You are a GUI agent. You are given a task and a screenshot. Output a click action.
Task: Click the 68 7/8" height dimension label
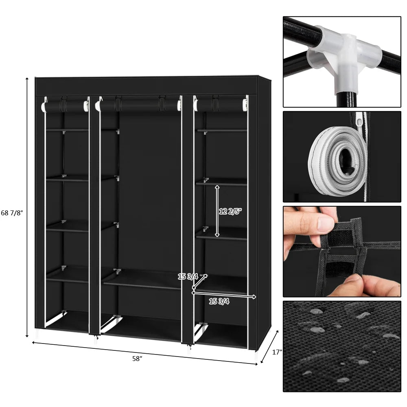click(x=12, y=213)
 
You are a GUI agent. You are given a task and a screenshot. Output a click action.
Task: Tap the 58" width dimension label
click(x=137, y=359)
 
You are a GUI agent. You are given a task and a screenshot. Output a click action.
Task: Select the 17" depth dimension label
click(x=277, y=352)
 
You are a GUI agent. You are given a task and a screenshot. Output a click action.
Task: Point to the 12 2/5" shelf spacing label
click(x=230, y=211)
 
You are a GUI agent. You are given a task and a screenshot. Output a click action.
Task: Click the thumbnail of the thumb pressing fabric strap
click(x=342, y=251)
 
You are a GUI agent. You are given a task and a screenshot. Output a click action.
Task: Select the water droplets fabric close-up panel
click(x=342, y=346)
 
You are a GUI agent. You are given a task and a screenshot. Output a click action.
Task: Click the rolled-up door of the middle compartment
click(x=138, y=105)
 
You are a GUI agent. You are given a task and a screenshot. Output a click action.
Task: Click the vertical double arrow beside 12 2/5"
click(x=217, y=211)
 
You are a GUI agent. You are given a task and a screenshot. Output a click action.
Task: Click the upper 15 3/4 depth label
click(x=188, y=277)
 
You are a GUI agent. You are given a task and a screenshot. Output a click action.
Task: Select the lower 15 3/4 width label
click(x=219, y=302)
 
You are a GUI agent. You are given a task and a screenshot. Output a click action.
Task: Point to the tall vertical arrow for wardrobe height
click(x=27, y=208)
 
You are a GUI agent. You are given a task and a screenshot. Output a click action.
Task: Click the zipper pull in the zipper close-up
click(x=359, y=120)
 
